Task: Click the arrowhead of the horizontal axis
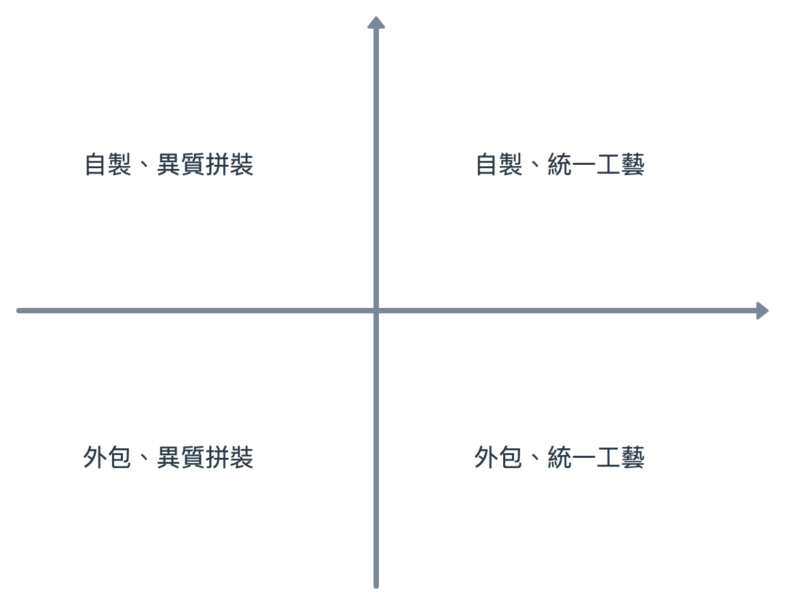[x=763, y=311]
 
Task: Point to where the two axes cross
[x=376, y=311]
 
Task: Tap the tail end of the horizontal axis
[x=19, y=311]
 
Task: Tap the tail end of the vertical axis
[x=376, y=585]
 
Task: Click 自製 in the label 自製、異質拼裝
[x=108, y=165]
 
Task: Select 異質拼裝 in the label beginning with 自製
[x=205, y=165]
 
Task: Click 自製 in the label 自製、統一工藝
[x=499, y=165]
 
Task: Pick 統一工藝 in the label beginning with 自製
[x=596, y=165]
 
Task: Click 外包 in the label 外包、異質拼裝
[x=107, y=458]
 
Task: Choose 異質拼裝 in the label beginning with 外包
[x=205, y=458]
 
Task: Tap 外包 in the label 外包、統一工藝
[x=498, y=458]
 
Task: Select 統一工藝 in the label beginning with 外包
[x=596, y=458]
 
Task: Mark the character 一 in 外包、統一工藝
[x=584, y=458]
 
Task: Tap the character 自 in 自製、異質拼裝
[x=96, y=165]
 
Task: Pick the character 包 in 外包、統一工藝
[x=511, y=458]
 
